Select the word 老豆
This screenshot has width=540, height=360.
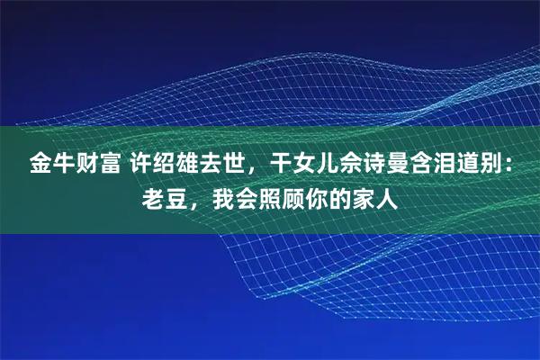pyautogui.click(x=166, y=195)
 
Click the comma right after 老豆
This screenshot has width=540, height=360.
pyautogui.click(x=197, y=202)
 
